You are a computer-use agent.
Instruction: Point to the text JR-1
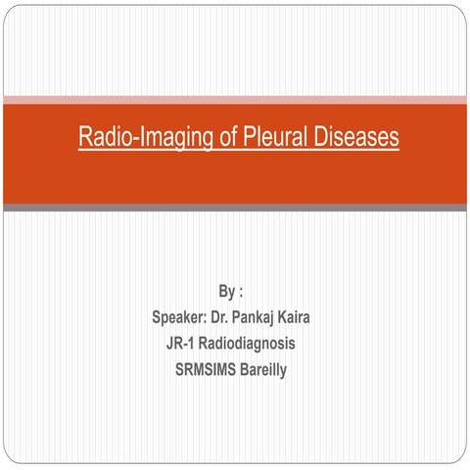(x=184, y=344)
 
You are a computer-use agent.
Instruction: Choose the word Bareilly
(x=273, y=370)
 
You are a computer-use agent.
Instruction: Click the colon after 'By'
(x=240, y=292)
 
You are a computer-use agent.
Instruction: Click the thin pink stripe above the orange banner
(x=235, y=100)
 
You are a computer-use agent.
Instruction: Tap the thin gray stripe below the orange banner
(x=235, y=208)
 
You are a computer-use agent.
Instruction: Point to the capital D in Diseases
(x=321, y=138)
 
